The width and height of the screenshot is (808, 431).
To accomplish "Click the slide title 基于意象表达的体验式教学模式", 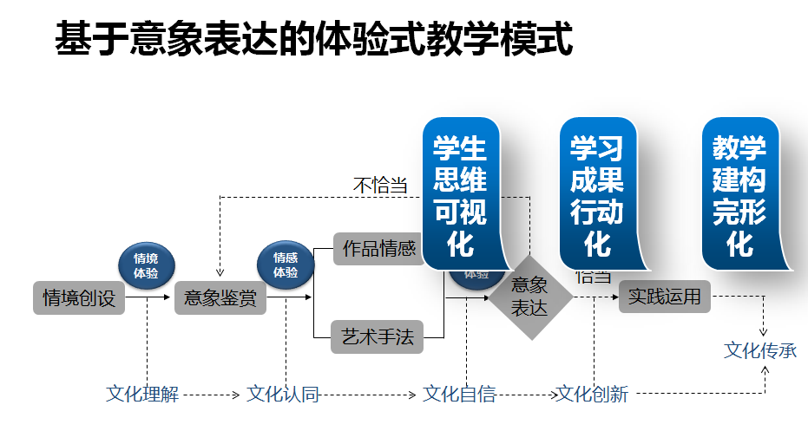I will coord(314,39).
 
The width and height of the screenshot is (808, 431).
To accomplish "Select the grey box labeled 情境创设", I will coord(79,298).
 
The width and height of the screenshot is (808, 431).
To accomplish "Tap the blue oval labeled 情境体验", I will coord(146,264).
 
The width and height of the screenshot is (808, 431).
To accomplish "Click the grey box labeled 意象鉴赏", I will coord(220,298).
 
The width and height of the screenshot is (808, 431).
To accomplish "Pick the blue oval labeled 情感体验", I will coord(286,264).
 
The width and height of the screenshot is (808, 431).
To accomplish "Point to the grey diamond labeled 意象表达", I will coord(529,297).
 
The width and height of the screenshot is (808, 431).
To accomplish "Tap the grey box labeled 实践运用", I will coord(665,297).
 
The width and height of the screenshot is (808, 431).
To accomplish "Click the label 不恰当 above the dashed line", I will coord(380,186).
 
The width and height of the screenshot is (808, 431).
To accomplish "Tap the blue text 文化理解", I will coord(142,395).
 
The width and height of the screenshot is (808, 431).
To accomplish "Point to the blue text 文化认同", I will coord(283,395).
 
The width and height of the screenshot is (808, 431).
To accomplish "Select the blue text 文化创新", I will coord(593,395).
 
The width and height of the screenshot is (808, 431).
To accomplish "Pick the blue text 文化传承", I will coord(760,351).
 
